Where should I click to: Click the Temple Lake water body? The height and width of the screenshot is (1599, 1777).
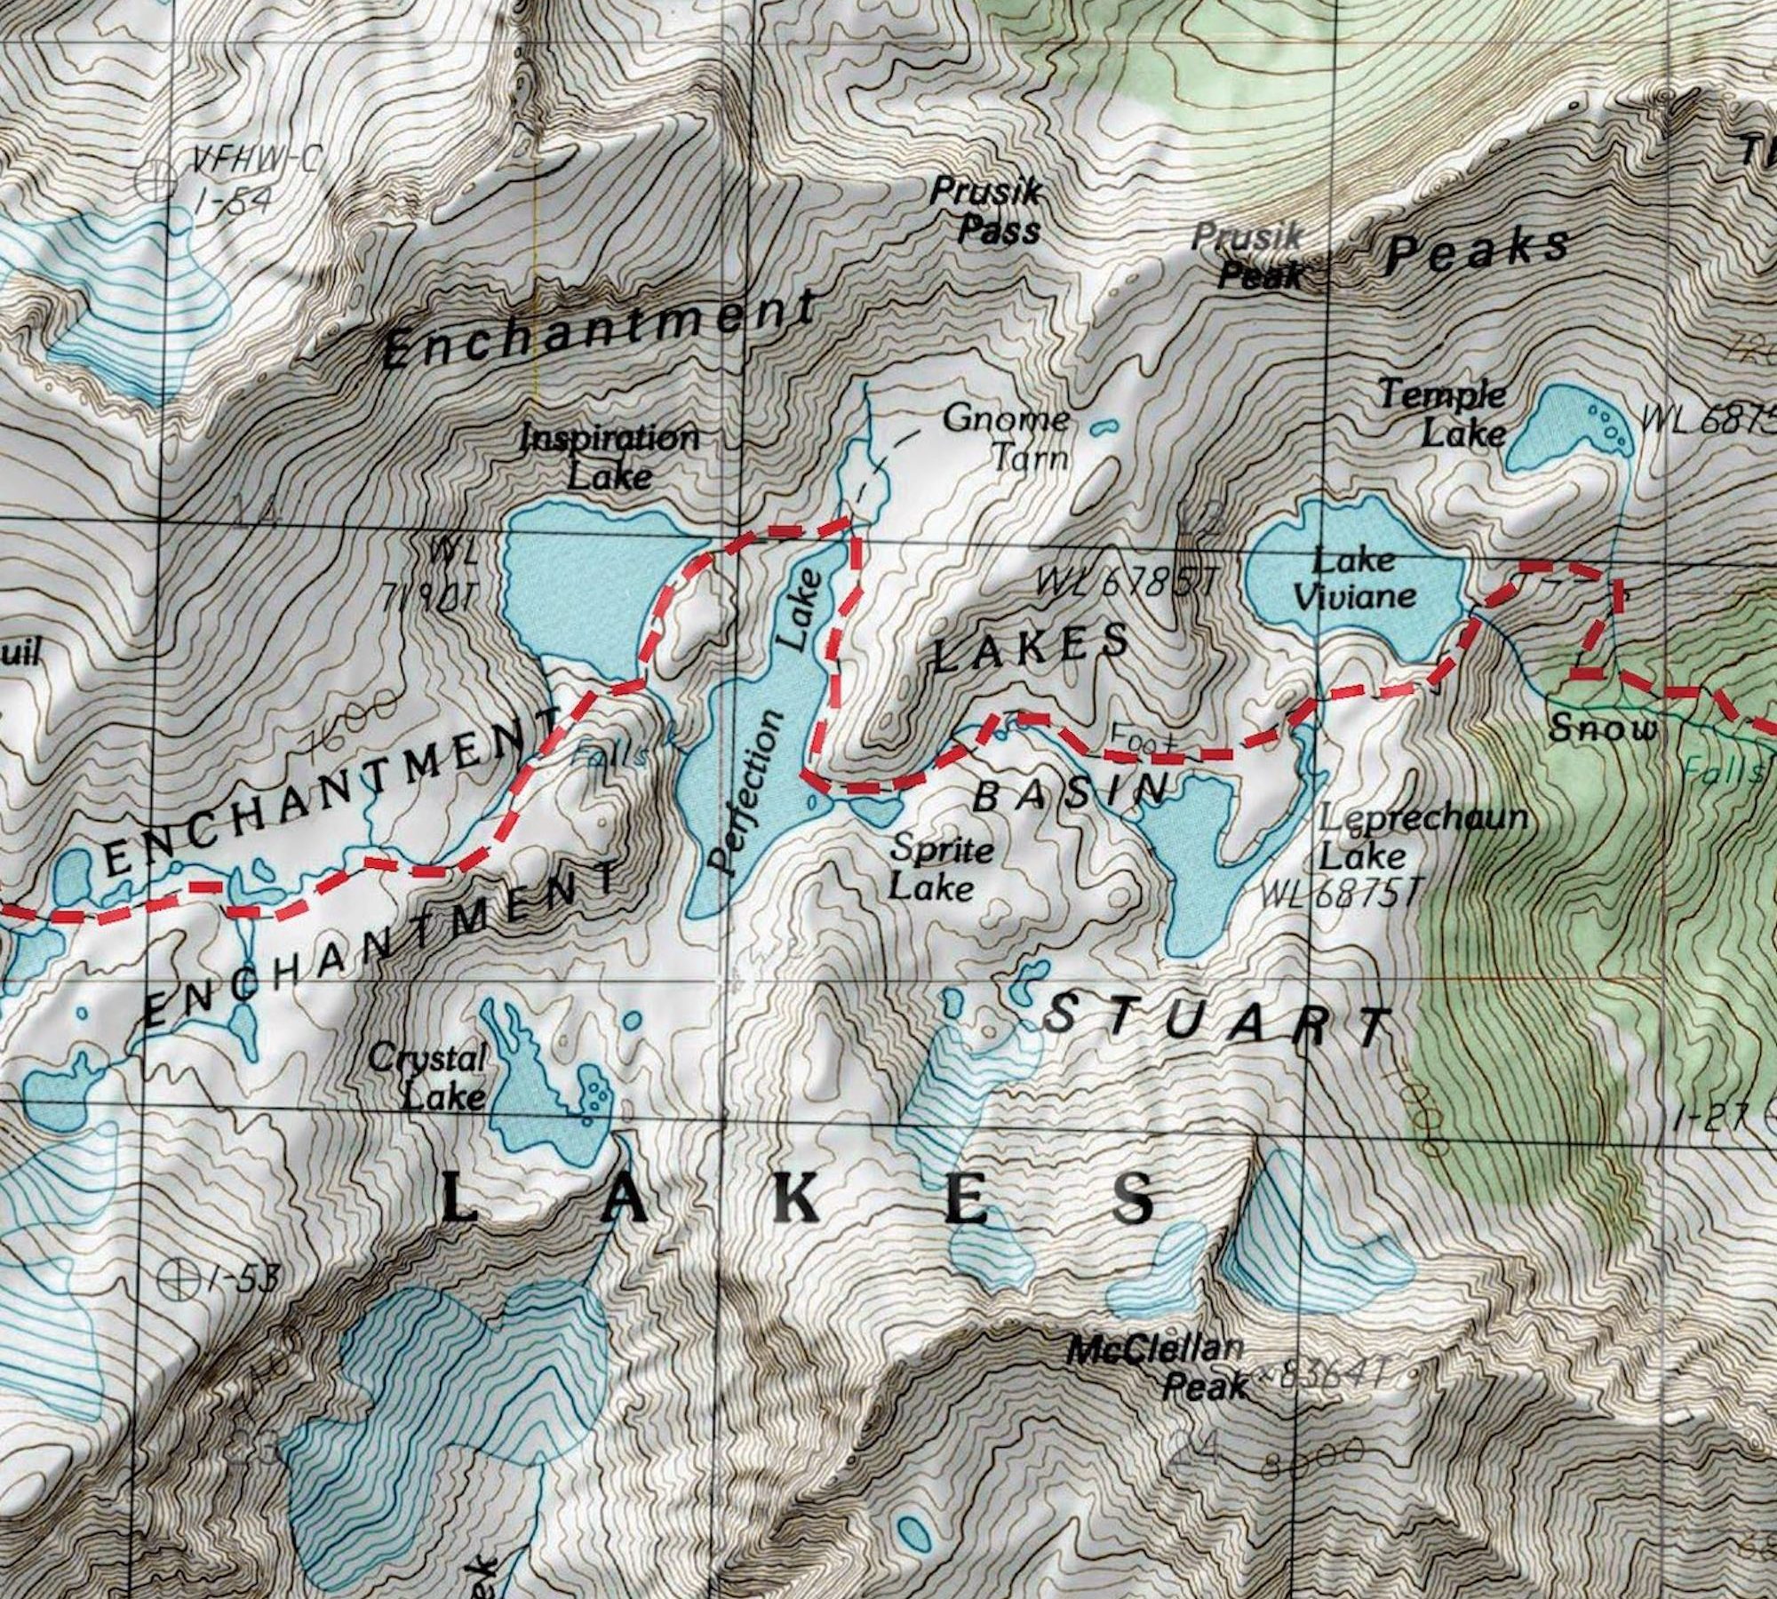click(x=1564, y=435)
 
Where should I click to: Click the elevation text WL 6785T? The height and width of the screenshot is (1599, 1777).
click(x=1123, y=583)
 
